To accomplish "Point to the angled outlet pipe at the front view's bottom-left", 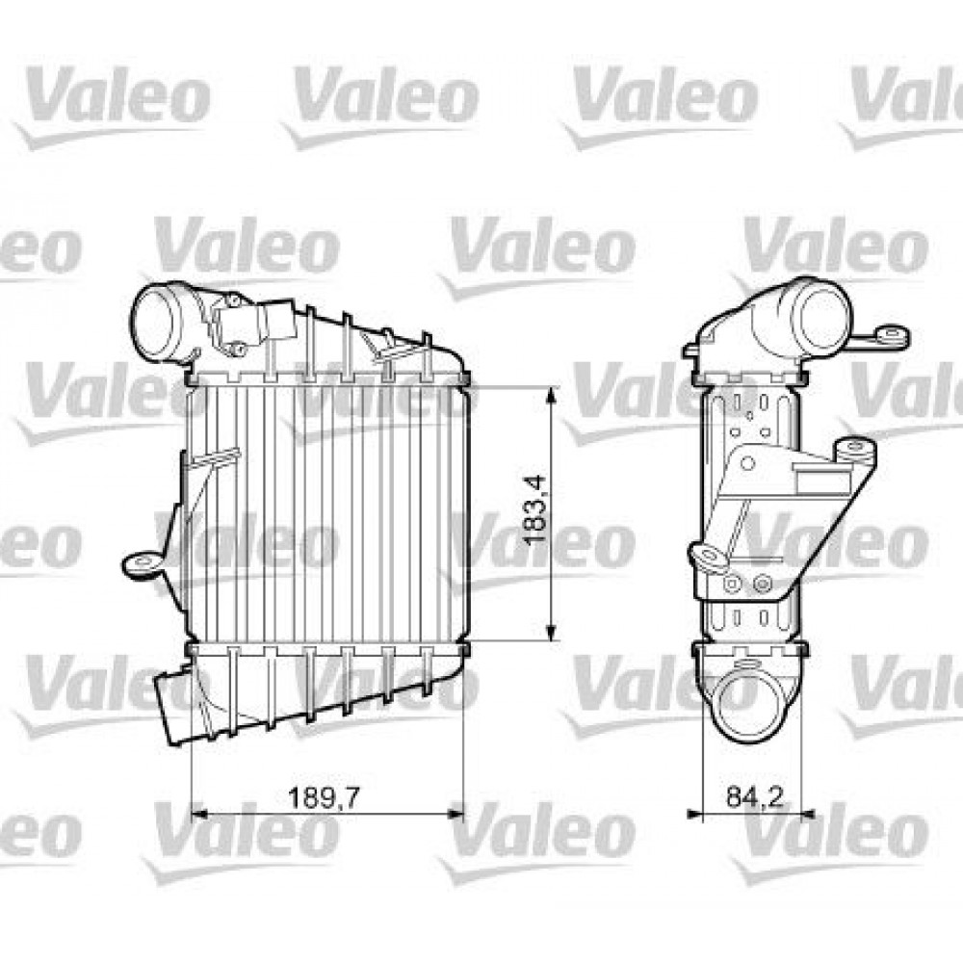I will click(173, 708).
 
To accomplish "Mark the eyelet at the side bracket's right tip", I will click(853, 450).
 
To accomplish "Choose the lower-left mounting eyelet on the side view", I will click(708, 555).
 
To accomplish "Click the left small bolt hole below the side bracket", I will click(734, 583).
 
